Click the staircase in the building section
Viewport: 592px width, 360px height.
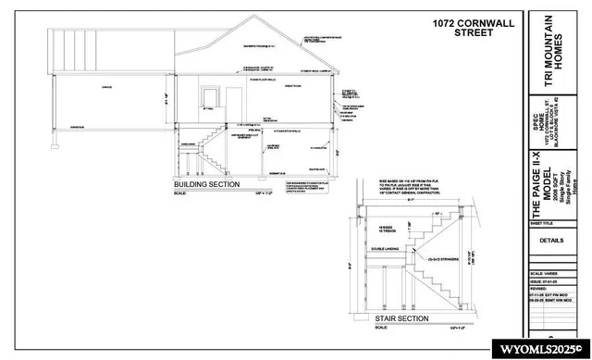(213, 148)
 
